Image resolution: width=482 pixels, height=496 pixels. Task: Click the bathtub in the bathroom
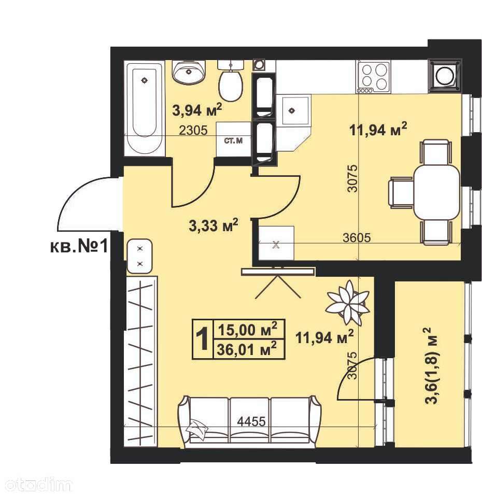click(x=145, y=108)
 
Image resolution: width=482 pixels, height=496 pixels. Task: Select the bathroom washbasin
click(x=189, y=72)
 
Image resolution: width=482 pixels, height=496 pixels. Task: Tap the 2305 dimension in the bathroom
click(x=193, y=130)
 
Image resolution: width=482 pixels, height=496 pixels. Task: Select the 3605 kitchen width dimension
click(x=357, y=237)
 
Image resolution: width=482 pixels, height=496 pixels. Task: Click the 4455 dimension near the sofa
click(x=251, y=421)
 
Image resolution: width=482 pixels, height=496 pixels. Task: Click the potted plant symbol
click(x=348, y=302)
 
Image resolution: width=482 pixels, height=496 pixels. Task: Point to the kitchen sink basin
click(x=292, y=111)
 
